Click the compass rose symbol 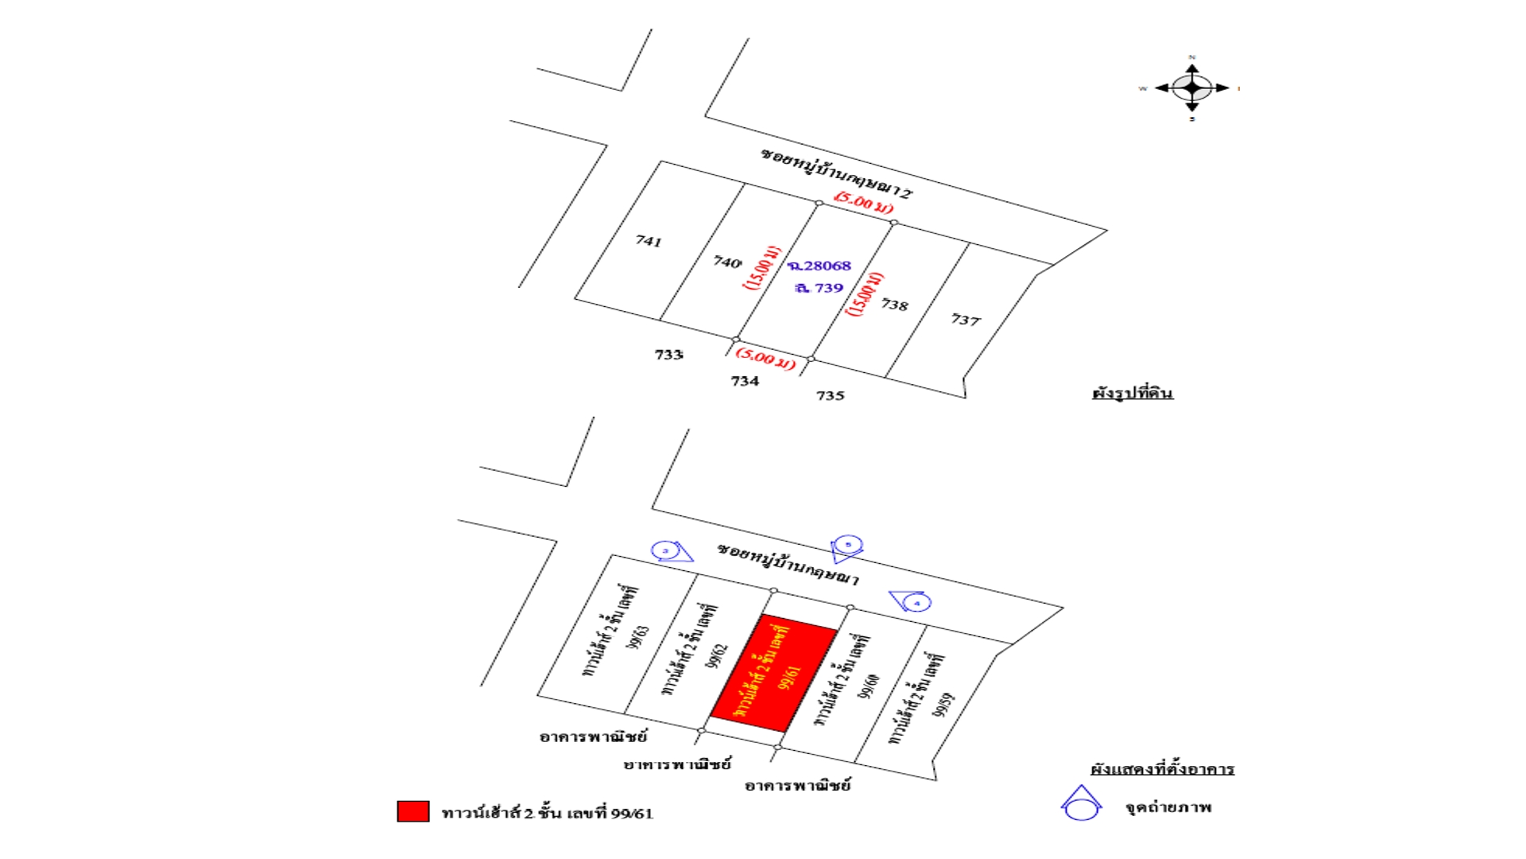click(x=1191, y=87)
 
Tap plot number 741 click(x=649, y=240)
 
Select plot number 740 click(x=727, y=261)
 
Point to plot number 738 click(x=894, y=305)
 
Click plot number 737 click(x=966, y=320)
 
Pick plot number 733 click(x=668, y=354)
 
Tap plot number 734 click(x=745, y=381)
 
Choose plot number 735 click(x=830, y=395)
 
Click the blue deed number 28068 click(x=819, y=266)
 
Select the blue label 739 click(x=819, y=288)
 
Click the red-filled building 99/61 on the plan click(x=773, y=673)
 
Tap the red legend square click(x=412, y=811)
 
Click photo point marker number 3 click(x=665, y=550)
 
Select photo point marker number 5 click(x=848, y=545)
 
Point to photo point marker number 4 click(x=916, y=603)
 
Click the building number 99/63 click(x=638, y=637)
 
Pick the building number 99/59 click(x=943, y=705)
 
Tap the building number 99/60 click(x=869, y=686)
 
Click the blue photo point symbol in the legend click(x=1081, y=805)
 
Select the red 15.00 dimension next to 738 click(x=865, y=294)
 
